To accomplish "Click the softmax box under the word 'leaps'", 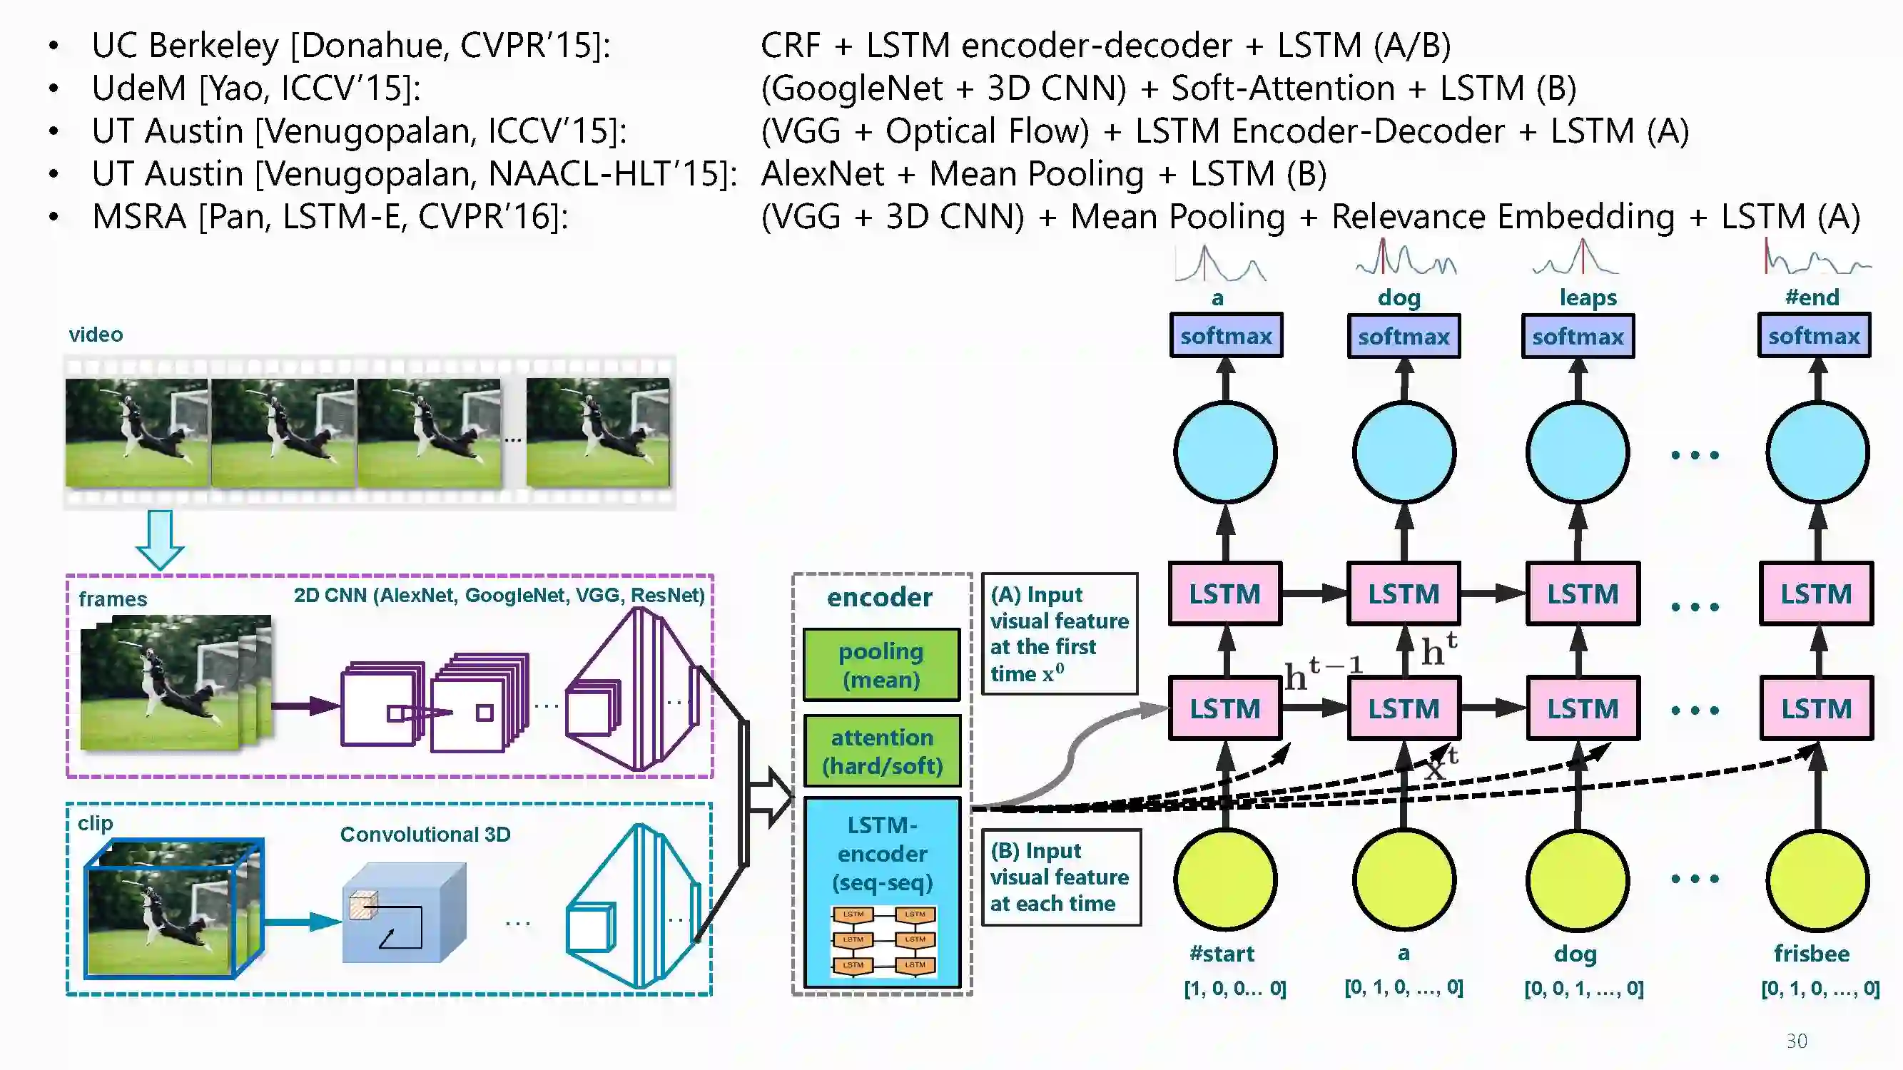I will click(x=1577, y=336).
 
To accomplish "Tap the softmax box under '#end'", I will click(x=1814, y=336).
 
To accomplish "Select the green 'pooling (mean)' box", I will click(x=881, y=665).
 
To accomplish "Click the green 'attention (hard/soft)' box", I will click(x=882, y=751).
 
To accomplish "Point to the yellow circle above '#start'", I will click(x=1226, y=880).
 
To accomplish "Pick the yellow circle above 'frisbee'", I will click(x=1817, y=880).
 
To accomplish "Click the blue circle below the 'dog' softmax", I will click(x=1404, y=453).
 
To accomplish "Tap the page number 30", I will click(x=1797, y=1041).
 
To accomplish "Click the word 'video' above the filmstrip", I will click(x=96, y=335).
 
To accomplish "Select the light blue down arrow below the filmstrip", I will click(x=160, y=540).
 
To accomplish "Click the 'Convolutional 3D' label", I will click(x=425, y=835).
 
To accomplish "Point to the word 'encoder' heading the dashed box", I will click(x=879, y=596).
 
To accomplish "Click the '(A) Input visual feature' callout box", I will click(x=1059, y=633).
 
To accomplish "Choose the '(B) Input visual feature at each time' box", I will click(x=1060, y=877).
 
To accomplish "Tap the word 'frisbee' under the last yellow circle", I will click(x=1812, y=953).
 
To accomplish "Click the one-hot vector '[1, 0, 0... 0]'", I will click(x=1234, y=988).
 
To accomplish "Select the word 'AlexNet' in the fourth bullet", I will click(x=822, y=174).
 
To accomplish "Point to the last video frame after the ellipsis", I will click(x=598, y=432).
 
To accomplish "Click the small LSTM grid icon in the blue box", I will click(x=883, y=939).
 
